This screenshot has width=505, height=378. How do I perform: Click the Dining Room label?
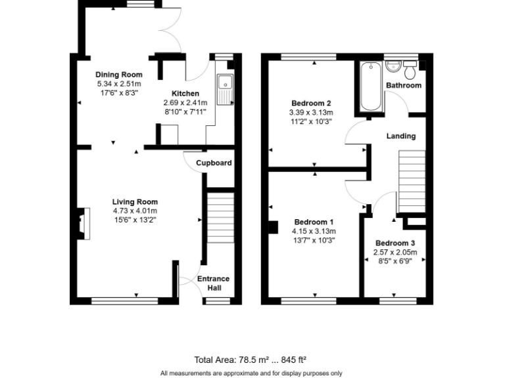pyautogui.click(x=118, y=75)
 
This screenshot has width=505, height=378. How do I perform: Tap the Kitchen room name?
pyautogui.click(x=185, y=94)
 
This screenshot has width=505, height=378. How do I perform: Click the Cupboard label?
pyautogui.click(x=214, y=163)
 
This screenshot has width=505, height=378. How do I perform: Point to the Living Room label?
pyautogui.click(x=135, y=201)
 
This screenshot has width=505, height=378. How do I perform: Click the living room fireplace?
pyautogui.click(x=82, y=221)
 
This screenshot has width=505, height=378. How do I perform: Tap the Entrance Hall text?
pyautogui.click(x=214, y=283)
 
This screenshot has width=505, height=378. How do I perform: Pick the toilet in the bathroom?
pyautogui.click(x=411, y=68)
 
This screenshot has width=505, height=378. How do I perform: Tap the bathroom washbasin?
pyautogui.click(x=393, y=66)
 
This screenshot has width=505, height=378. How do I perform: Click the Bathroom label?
pyautogui.click(x=403, y=86)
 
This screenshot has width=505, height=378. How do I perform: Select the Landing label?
pyautogui.click(x=400, y=136)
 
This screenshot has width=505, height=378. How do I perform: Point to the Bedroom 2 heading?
pyautogui.click(x=311, y=104)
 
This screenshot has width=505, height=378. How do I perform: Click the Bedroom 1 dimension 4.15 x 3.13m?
pyautogui.click(x=314, y=231)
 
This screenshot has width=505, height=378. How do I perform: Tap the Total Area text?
pyautogui.click(x=251, y=360)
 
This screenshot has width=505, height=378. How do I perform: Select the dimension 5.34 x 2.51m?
pyautogui.click(x=118, y=84)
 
